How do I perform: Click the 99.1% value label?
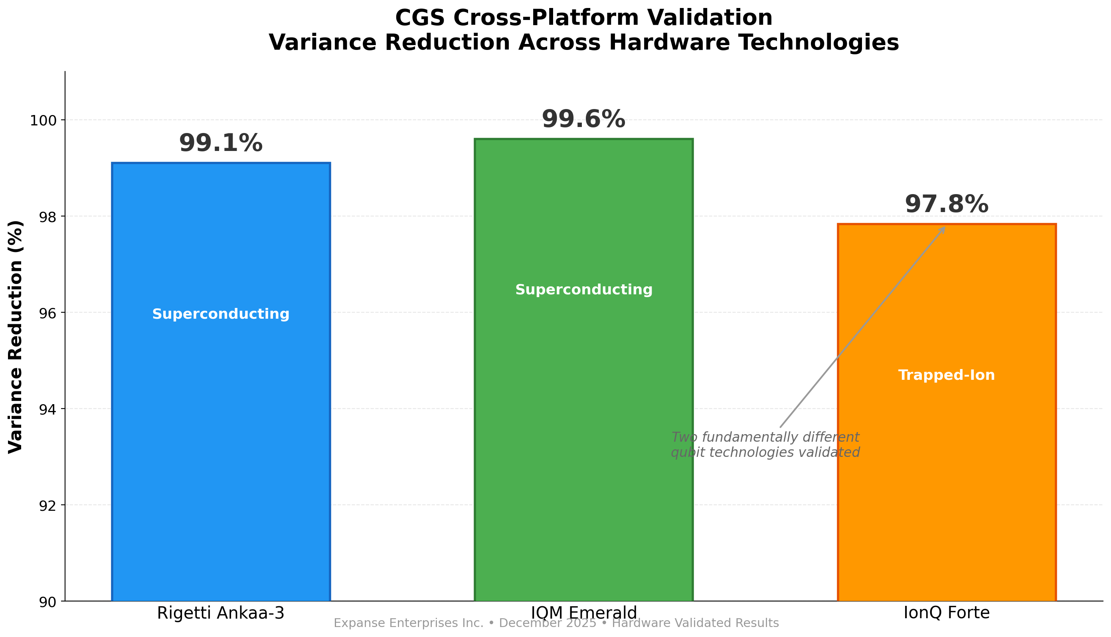(x=221, y=143)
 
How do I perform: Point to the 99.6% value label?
(x=583, y=119)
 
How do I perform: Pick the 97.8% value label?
(x=947, y=205)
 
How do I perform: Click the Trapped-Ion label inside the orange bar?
(x=947, y=375)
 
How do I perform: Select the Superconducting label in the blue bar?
(x=221, y=314)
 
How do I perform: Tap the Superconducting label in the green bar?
(x=583, y=290)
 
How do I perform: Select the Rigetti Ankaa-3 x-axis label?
(x=221, y=613)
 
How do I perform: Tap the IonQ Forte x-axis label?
(x=947, y=613)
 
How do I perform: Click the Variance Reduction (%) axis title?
(x=16, y=337)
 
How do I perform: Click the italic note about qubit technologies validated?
(x=765, y=445)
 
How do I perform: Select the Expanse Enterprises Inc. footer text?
(x=556, y=623)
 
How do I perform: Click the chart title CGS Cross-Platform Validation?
(x=583, y=18)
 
